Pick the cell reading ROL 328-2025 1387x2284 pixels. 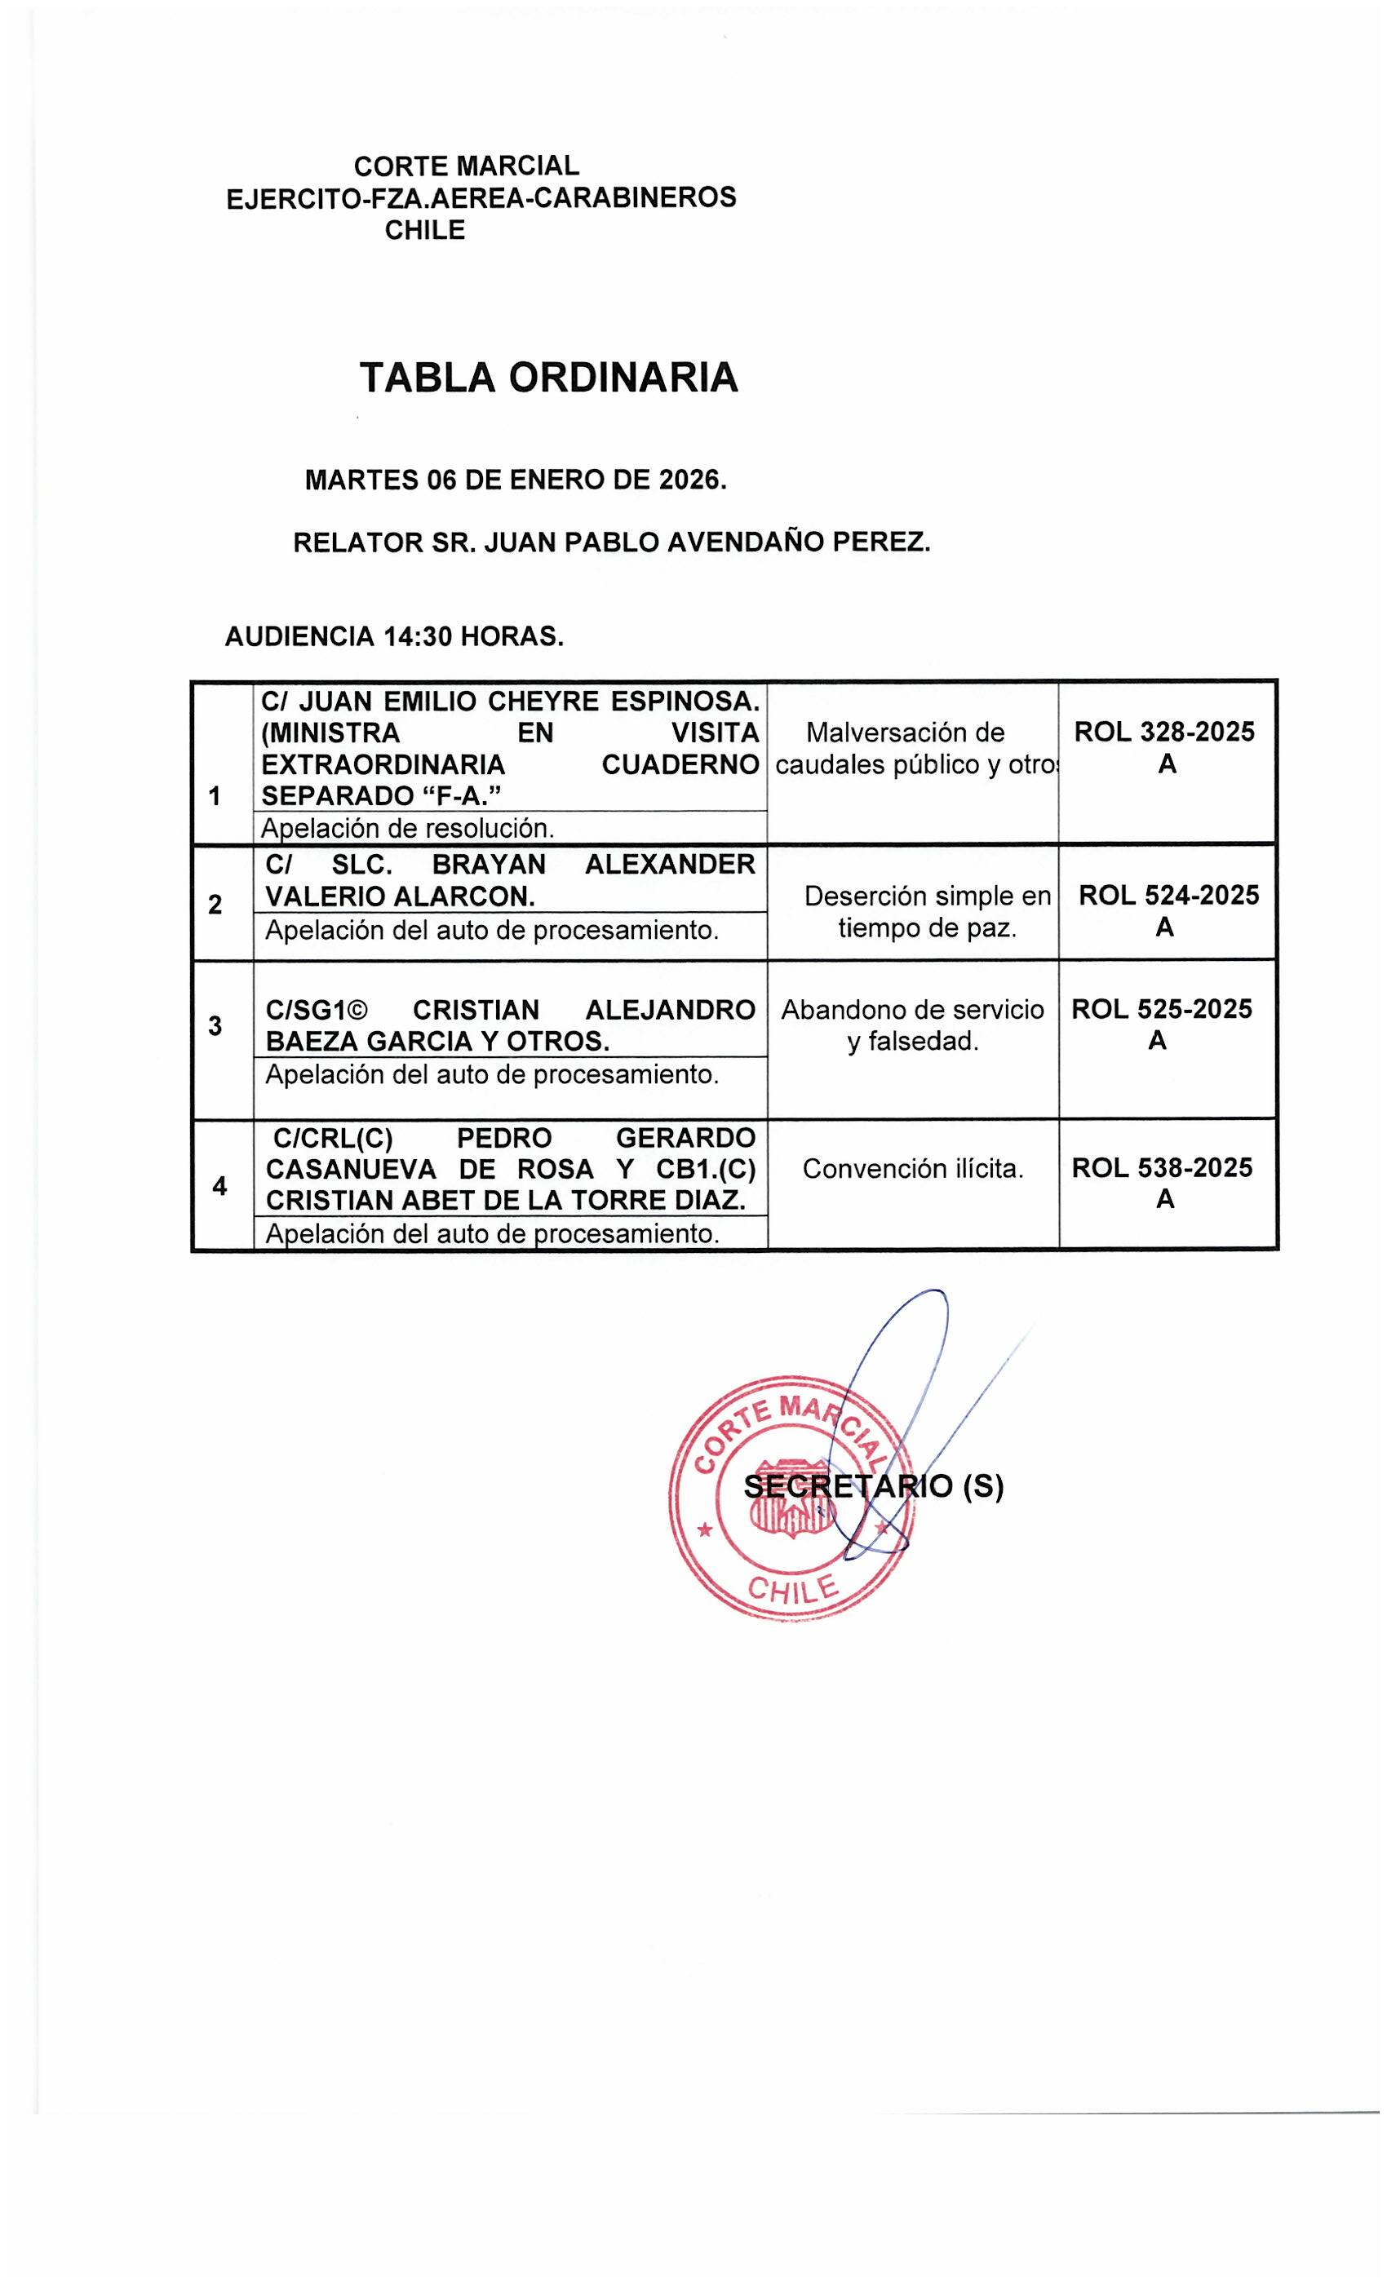[1164, 733]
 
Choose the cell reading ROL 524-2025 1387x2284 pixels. [1168, 896]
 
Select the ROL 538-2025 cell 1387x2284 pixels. [1162, 1168]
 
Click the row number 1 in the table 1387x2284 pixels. [215, 796]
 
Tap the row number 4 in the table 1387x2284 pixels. [219, 1185]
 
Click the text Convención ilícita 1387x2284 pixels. [912, 1169]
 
